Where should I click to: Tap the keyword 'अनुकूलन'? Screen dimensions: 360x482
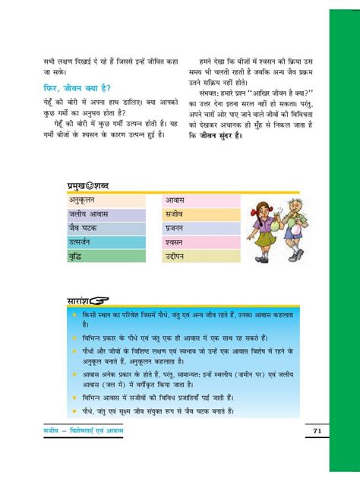click(x=85, y=201)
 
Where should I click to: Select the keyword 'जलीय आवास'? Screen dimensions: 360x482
click(x=90, y=215)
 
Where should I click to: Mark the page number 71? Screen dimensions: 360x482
click(x=317, y=432)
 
